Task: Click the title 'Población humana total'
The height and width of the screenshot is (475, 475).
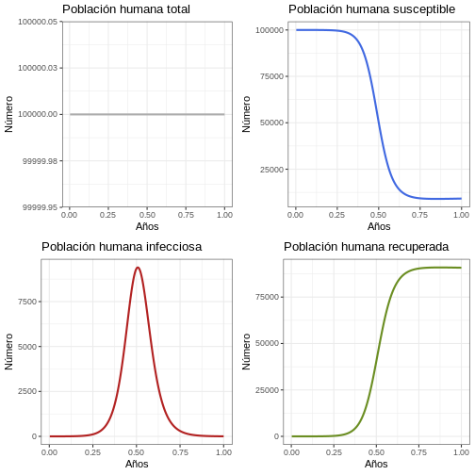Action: pos(126,9)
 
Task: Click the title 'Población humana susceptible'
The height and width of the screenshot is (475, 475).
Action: pos(371,9)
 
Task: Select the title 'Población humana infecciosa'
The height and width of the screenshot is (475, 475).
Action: pos(122,247)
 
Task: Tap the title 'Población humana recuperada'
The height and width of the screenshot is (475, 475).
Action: pos(366,247)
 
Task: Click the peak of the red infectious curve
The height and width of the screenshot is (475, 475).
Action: pos(138,268)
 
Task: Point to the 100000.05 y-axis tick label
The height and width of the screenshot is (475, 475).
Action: pos(38,22)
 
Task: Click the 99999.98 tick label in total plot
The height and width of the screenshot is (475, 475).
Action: pos(41,161)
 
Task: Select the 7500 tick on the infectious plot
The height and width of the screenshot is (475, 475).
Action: pos(27,302)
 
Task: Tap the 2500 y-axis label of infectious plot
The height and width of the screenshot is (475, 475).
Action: pos(27,391)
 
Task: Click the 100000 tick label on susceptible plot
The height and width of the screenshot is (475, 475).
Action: pos(270,30)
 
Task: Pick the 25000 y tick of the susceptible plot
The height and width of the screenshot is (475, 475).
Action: pos(271,170)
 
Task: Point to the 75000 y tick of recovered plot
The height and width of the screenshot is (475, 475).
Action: pos(267,297)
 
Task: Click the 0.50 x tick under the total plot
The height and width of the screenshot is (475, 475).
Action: pos(147,215)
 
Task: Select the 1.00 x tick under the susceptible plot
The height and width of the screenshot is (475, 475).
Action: pos(461,215)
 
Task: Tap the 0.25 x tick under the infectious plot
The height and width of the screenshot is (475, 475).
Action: pos(92,452)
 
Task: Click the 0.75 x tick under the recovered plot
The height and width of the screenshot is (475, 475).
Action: pos(418,452)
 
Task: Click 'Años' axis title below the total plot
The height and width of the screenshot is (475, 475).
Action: pos(147,226)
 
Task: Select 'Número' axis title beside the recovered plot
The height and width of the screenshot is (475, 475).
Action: pos(246,352)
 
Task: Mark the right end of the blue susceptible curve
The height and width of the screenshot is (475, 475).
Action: pos(461,199)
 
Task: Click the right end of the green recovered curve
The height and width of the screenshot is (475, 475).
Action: pos(461,268)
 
